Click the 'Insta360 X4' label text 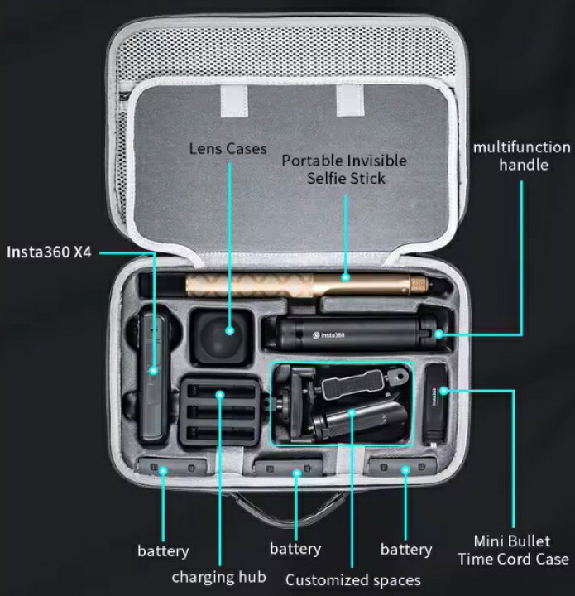coord(49,252)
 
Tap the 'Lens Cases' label coord(228,148)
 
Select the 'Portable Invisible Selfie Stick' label coord(344,170)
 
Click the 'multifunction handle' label coord(522,156)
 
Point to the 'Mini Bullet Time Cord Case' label coord(513,550)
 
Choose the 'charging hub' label coord(218,577)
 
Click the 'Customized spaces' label coord(353,580)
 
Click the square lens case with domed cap coord(222,335)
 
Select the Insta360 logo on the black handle coord(328,335)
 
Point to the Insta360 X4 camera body coord(155,377)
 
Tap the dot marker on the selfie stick coord(345,277)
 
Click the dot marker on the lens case coord(229,330)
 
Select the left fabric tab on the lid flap coord(234,101)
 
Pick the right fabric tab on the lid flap coord(350,100)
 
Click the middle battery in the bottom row coord(289,468)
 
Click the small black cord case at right coord(435,405)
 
